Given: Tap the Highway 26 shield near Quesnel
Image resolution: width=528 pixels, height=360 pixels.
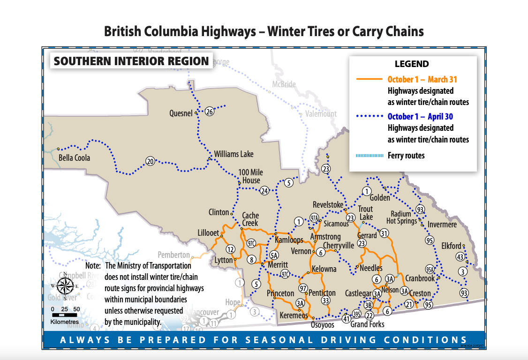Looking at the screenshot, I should tap(210, 112).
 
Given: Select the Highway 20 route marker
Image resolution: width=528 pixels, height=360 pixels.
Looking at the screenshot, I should tap(150, 161).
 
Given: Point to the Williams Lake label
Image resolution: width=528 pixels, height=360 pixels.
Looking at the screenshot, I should tap(234, 154).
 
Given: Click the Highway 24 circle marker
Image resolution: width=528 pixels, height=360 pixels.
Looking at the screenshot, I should tap(264, 191).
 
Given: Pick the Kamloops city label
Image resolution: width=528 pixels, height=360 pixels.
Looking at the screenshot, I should tap(289, 240).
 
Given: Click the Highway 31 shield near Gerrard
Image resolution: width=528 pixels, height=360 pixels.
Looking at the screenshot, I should tap(384, 233).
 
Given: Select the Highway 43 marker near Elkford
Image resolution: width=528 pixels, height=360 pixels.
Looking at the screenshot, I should tap(460, 257).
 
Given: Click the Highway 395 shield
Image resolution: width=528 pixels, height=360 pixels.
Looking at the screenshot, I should tap(356, 314).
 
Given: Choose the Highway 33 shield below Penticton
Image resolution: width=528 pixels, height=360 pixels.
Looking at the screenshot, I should tap(326, 300).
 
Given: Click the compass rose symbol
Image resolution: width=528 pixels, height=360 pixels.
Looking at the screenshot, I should tap(65, 285).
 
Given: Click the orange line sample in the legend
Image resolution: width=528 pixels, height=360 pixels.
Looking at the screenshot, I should tap(370, 79).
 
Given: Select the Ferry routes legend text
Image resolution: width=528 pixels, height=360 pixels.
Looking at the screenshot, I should tap(406, 155).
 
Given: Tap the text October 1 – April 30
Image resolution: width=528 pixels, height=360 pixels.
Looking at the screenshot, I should tap(420, 116).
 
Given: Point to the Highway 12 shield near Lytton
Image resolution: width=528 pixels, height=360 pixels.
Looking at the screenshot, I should tap(230, 249).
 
